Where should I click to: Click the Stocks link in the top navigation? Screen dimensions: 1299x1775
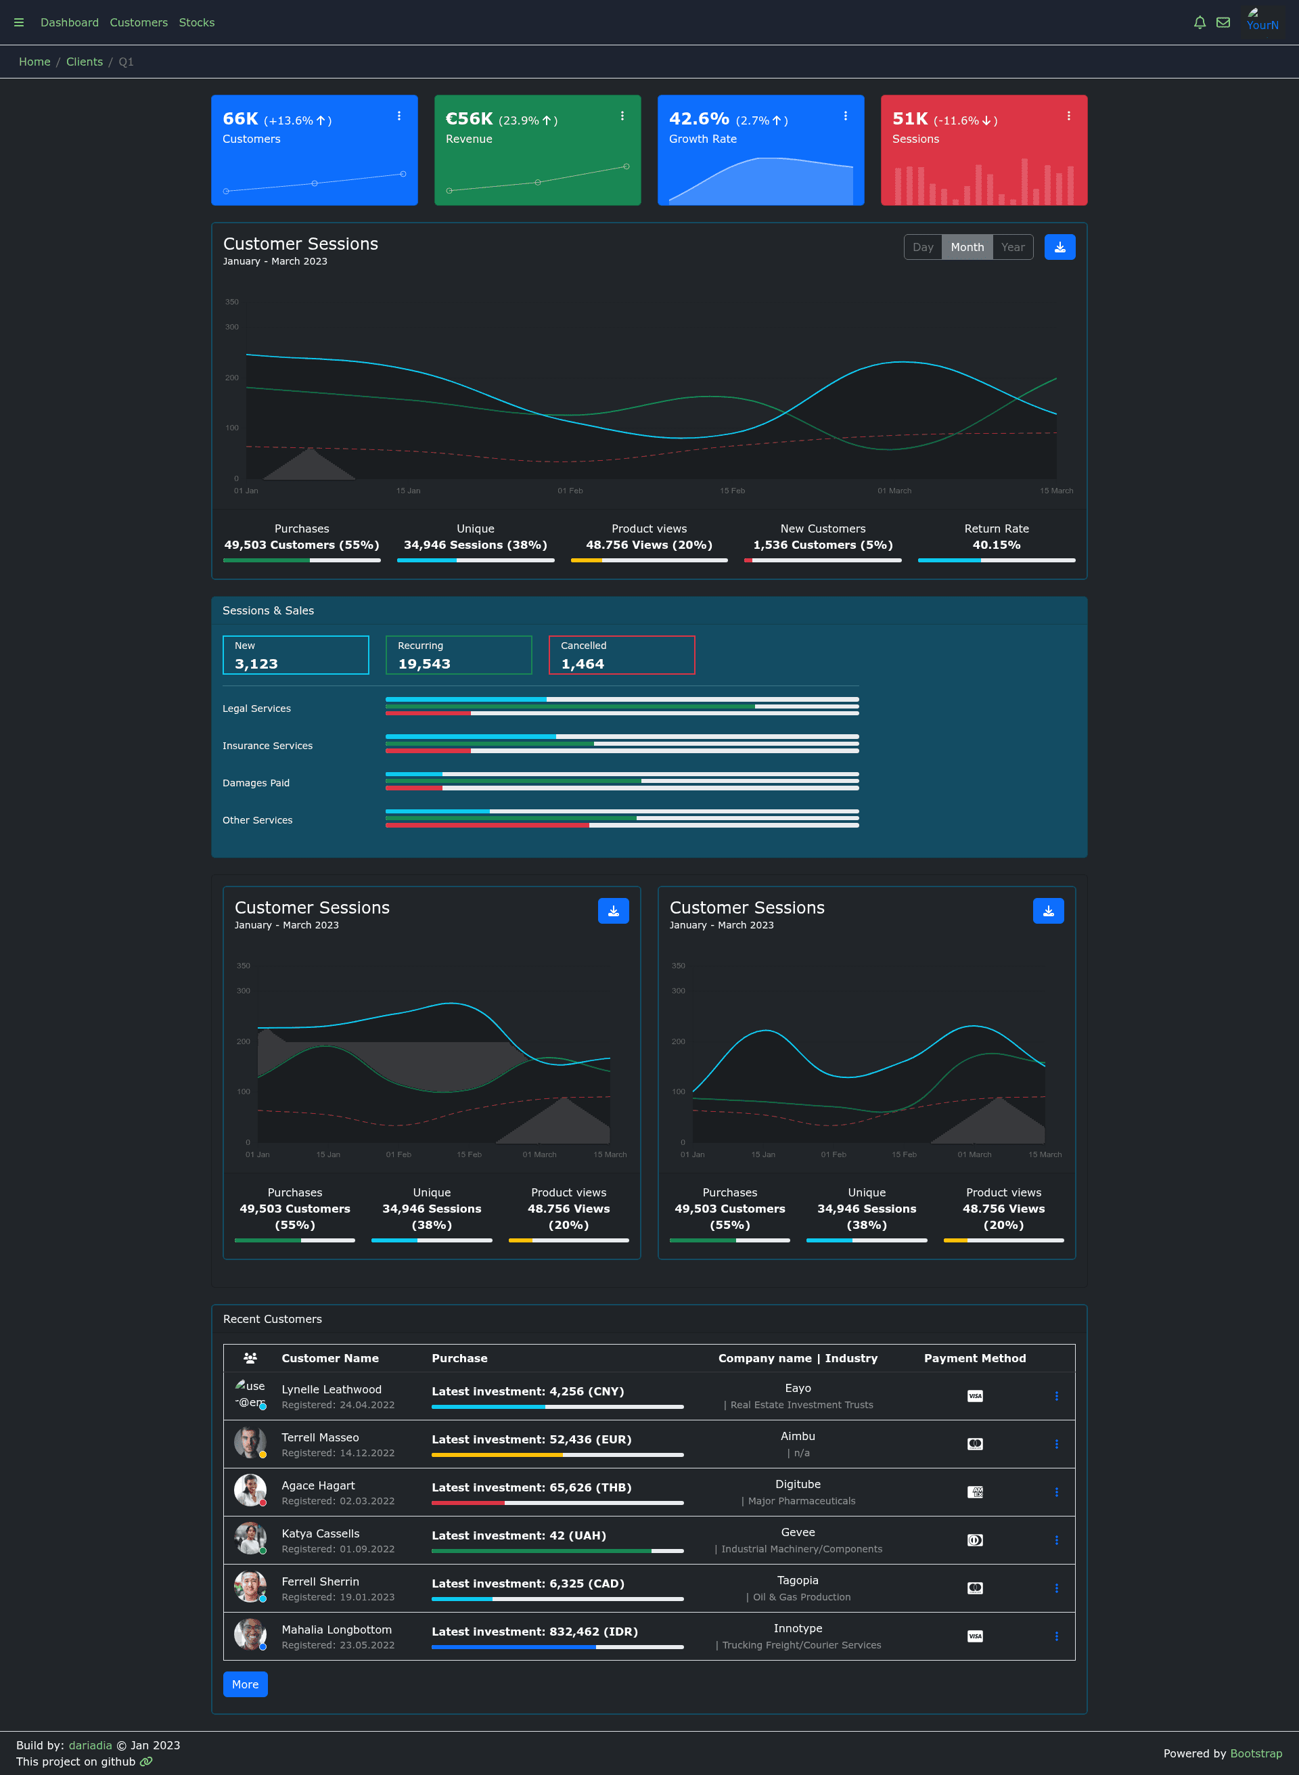[197, 22]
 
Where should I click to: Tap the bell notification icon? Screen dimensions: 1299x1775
[1199, 22]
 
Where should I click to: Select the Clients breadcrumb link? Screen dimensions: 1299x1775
[84, 62]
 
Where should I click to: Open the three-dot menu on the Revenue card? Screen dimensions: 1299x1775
[622, 116]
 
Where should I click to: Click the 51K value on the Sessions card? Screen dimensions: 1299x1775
[910, 118]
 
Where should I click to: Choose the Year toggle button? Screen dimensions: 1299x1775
[1013, 247]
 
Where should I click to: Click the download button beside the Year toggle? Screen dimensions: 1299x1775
[1059, 247]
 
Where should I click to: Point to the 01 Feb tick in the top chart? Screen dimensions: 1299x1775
[570, 490]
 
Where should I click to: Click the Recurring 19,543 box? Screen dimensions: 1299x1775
[459, 654]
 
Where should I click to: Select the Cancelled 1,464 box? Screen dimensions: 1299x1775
[621, 654]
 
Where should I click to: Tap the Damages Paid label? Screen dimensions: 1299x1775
[256, 782]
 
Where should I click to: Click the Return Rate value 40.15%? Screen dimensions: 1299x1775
[997, 544]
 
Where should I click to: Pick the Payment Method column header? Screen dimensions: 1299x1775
[974, 1357]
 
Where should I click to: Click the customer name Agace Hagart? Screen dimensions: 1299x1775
[318, 1485]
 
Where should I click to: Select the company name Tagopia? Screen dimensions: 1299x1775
[797, 1580]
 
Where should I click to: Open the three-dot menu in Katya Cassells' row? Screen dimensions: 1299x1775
[1056, 1540]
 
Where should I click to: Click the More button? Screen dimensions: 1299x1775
[246, 1684]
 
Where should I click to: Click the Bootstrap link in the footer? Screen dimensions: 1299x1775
[1256, 1753]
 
